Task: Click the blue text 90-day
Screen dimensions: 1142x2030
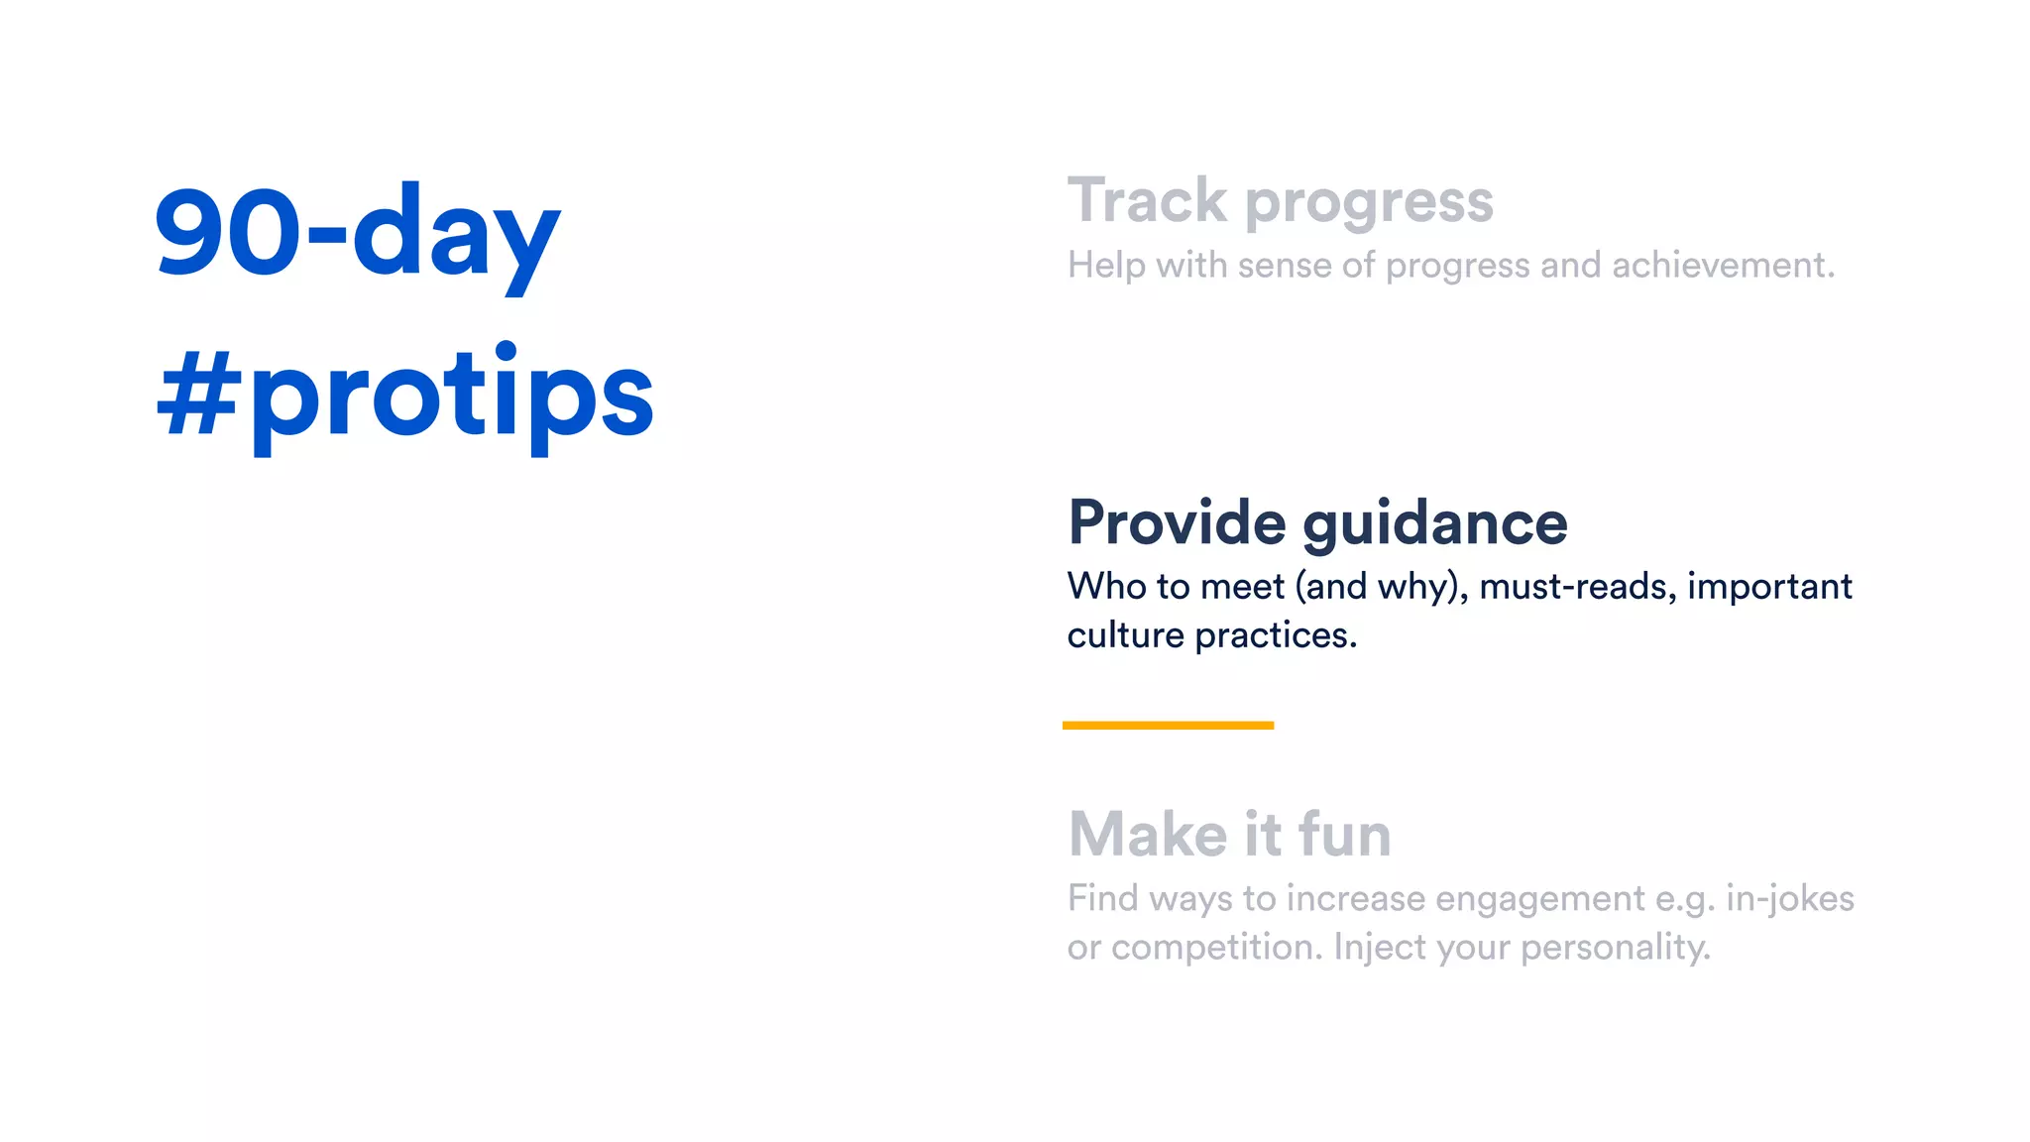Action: point(357,233)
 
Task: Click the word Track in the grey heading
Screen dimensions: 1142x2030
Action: point(1147,201)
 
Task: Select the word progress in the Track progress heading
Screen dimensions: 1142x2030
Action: point(1369,203)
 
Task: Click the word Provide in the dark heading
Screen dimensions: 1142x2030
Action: point(1177,522)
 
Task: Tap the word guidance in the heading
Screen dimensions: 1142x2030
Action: point(1435,524)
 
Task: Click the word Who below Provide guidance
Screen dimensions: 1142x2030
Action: point(1106,586)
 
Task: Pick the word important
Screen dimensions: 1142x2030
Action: point(1769,587)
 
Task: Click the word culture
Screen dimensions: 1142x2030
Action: point(1125,635)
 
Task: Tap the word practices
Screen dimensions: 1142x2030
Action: point(1275,635)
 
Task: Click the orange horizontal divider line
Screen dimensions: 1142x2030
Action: point(1168,726)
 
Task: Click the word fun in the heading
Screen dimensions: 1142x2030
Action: point(1344,835)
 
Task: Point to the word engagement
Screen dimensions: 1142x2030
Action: point(1539,899)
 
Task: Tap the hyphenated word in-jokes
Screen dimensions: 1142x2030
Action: point(1789,899)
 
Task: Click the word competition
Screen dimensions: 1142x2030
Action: point(1216,948)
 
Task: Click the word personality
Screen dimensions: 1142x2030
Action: point(1615,948)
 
